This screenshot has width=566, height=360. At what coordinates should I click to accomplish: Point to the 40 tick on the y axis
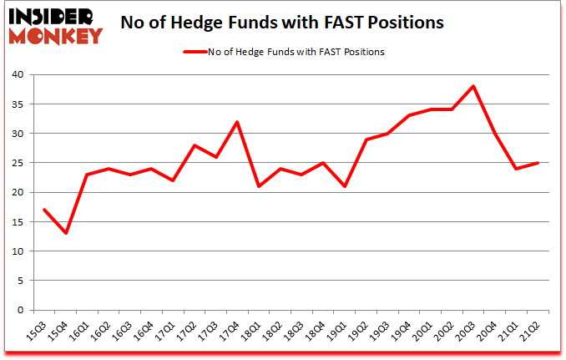pyautogui.click(x=18, y=75)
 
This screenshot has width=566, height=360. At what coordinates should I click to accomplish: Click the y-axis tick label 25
pyautogui.click(x=18, y=163)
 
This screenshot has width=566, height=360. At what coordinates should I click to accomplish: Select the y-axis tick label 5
pyautogui.click(x=21, y=281)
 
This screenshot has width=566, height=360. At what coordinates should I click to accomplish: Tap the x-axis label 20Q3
pyautogui.click(x=470, y=328)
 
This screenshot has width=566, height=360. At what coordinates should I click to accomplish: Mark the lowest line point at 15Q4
pyautogui.click(x=65, y=233)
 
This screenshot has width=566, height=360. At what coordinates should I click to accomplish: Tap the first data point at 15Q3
pyautogui.click(x=43, y=210)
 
